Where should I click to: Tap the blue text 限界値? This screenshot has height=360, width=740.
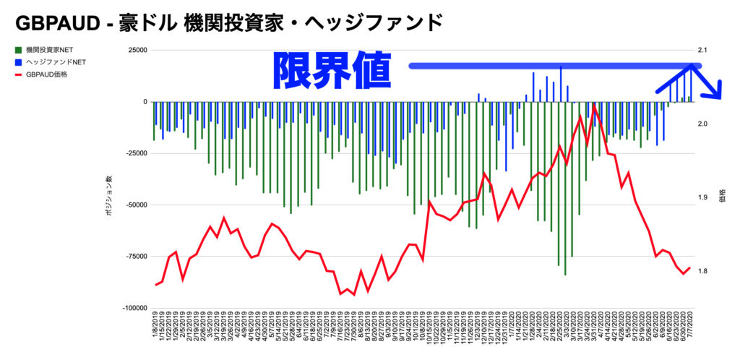tap(332, 71)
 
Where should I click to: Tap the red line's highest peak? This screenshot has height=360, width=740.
tap(593, 107)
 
